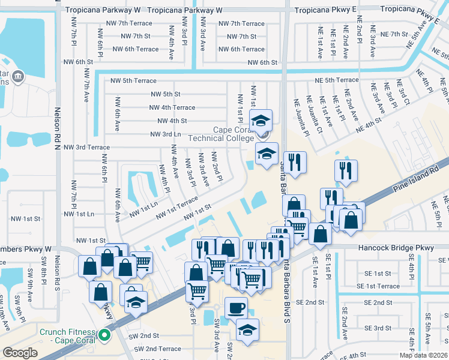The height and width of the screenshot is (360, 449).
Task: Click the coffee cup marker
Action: pyautogui.click(x=237, y=308)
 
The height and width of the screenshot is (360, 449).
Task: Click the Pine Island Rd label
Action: pyautogui.click(x=414, y=178)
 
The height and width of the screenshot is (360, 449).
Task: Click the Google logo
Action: pyautogui.click(x=20, y=353)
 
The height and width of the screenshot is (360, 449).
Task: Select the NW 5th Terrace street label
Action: pyautogui.click(x=133, y=80)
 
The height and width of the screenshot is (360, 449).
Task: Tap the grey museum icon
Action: pyautogui.click(x=17, y=76)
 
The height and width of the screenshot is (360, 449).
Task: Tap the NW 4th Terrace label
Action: pyautogui.click(x=172, y=107)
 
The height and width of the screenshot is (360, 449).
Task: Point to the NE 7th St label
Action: pyautogui.click(x=394, y=34)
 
